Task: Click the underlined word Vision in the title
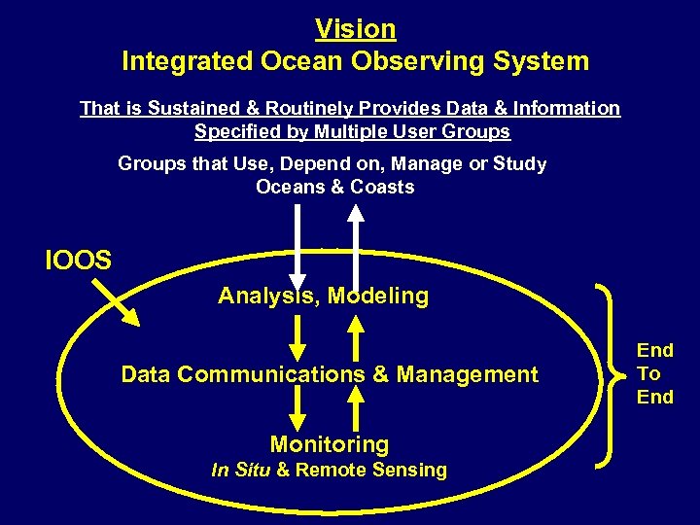355,29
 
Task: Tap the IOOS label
78,260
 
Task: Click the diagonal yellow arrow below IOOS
117,302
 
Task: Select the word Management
468,374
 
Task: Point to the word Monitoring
330,445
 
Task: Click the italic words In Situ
241,471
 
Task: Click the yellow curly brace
608,373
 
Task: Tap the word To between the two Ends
649,373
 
